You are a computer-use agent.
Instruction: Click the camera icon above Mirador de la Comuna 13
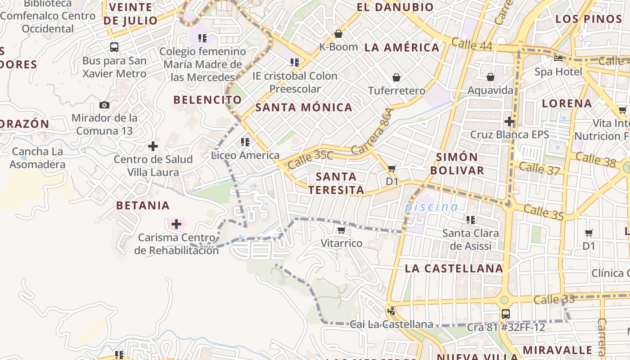[x=104, y=105]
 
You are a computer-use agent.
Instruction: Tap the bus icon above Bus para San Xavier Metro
[x=114, y=47]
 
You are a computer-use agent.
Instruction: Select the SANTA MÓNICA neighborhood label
[x=304, y=108]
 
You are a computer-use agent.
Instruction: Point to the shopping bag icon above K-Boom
[x=338, y=34]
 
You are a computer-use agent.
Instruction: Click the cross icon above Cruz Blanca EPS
[x=509, y=121]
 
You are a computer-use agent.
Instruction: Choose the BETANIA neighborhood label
[x=143, y=206]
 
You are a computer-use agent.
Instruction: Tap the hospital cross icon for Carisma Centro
[x=176, y=224]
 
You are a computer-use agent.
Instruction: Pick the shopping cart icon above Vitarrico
[x=341, y=230]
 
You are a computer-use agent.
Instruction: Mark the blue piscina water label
[x=431, y=207]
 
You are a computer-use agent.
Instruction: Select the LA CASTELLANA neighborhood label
[x=454, y=269]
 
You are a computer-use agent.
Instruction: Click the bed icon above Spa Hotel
[x=558, y=58]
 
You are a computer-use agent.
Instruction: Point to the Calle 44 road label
[x=471, y=44]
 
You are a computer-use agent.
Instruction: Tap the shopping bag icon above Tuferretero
[x=396, y=78]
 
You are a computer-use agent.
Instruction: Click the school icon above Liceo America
[x=245, y=143]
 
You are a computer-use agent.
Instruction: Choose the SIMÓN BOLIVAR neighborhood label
[x=457, y=164]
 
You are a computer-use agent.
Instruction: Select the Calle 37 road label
[x=539, y=168]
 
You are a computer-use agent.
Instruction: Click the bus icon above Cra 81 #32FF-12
[x=506, y=314]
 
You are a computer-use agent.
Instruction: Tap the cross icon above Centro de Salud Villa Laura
[x=153, y=146]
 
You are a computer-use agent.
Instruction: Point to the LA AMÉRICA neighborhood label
[x=401, y=48]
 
